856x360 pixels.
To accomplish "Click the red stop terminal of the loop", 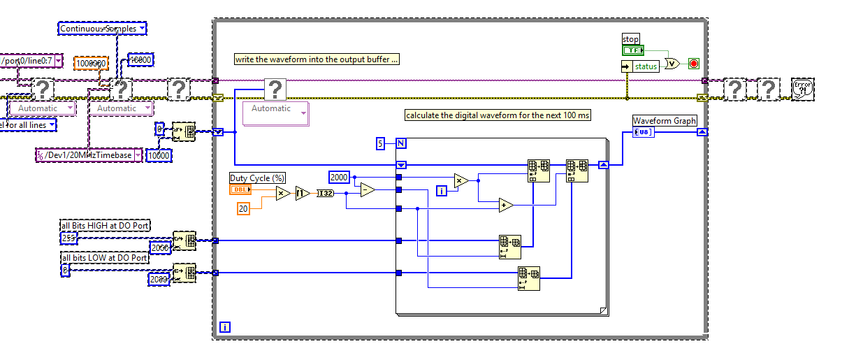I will (694, 64).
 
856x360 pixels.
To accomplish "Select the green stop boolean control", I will (632, 50).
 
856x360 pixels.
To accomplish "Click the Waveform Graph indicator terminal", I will (644, 132).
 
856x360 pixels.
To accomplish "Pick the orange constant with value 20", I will (243, 208).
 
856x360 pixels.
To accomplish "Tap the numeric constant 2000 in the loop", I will (339, 178).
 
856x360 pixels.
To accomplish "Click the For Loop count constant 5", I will (381, 144).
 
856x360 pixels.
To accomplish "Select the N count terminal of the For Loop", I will (401, 144).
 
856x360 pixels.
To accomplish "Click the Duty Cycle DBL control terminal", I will (240, 190).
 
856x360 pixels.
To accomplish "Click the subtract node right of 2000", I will (368, 190).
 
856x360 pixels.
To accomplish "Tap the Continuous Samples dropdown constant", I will (102, 29).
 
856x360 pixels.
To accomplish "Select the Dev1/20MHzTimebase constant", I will (89, 155).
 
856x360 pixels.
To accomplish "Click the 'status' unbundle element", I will (646, 66).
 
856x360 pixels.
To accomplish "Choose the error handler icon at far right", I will (803, 88).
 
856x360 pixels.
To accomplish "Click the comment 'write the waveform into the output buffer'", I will (317, 59).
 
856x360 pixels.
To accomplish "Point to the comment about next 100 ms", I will (498, 115).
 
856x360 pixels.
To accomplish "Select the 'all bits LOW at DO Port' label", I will (105, 258).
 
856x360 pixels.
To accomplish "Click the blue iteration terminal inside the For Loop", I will (441, 190).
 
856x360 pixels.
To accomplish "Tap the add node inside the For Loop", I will (505, 205).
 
